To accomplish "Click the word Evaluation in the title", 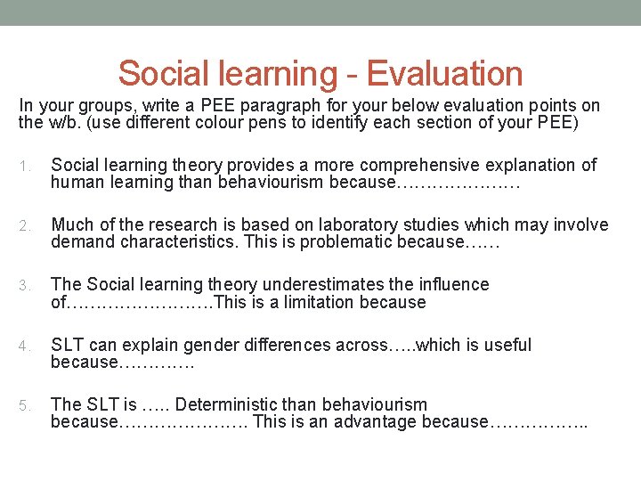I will (444, 73).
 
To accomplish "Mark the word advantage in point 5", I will (380, 422).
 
